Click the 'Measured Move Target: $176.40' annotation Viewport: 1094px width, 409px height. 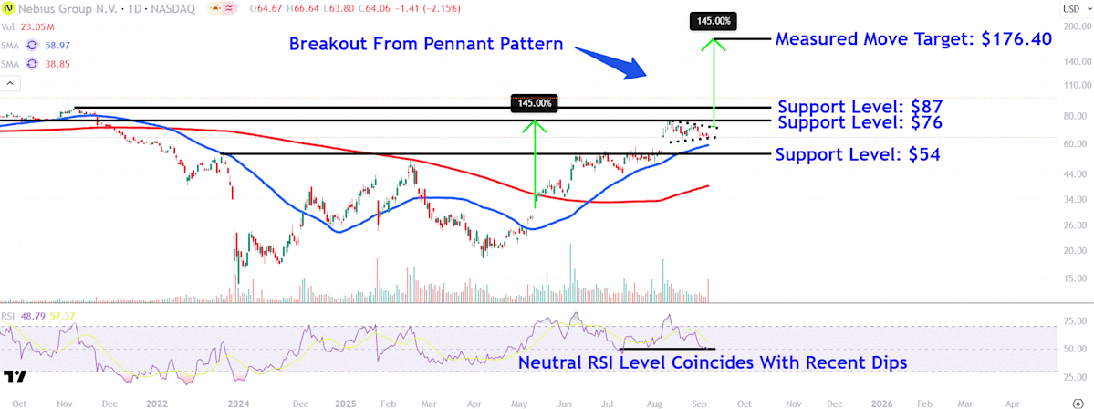tap(913, 39)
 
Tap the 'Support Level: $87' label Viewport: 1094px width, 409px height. tap(859, 106)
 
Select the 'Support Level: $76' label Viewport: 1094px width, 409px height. tap(859, 122)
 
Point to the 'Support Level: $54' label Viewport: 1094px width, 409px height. tap(858, 154)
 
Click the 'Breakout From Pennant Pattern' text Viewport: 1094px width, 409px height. tap(426, 44)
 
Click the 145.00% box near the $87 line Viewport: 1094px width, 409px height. tap(535, 103)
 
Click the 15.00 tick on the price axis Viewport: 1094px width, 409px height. tap(1073, 278)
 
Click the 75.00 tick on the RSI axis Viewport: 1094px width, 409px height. tap(1073, 321)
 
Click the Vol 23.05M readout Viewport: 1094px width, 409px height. tap(28, 28)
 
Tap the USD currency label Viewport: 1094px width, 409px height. tap(1071, 9)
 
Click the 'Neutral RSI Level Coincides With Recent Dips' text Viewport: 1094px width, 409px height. tap(713, 363)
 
